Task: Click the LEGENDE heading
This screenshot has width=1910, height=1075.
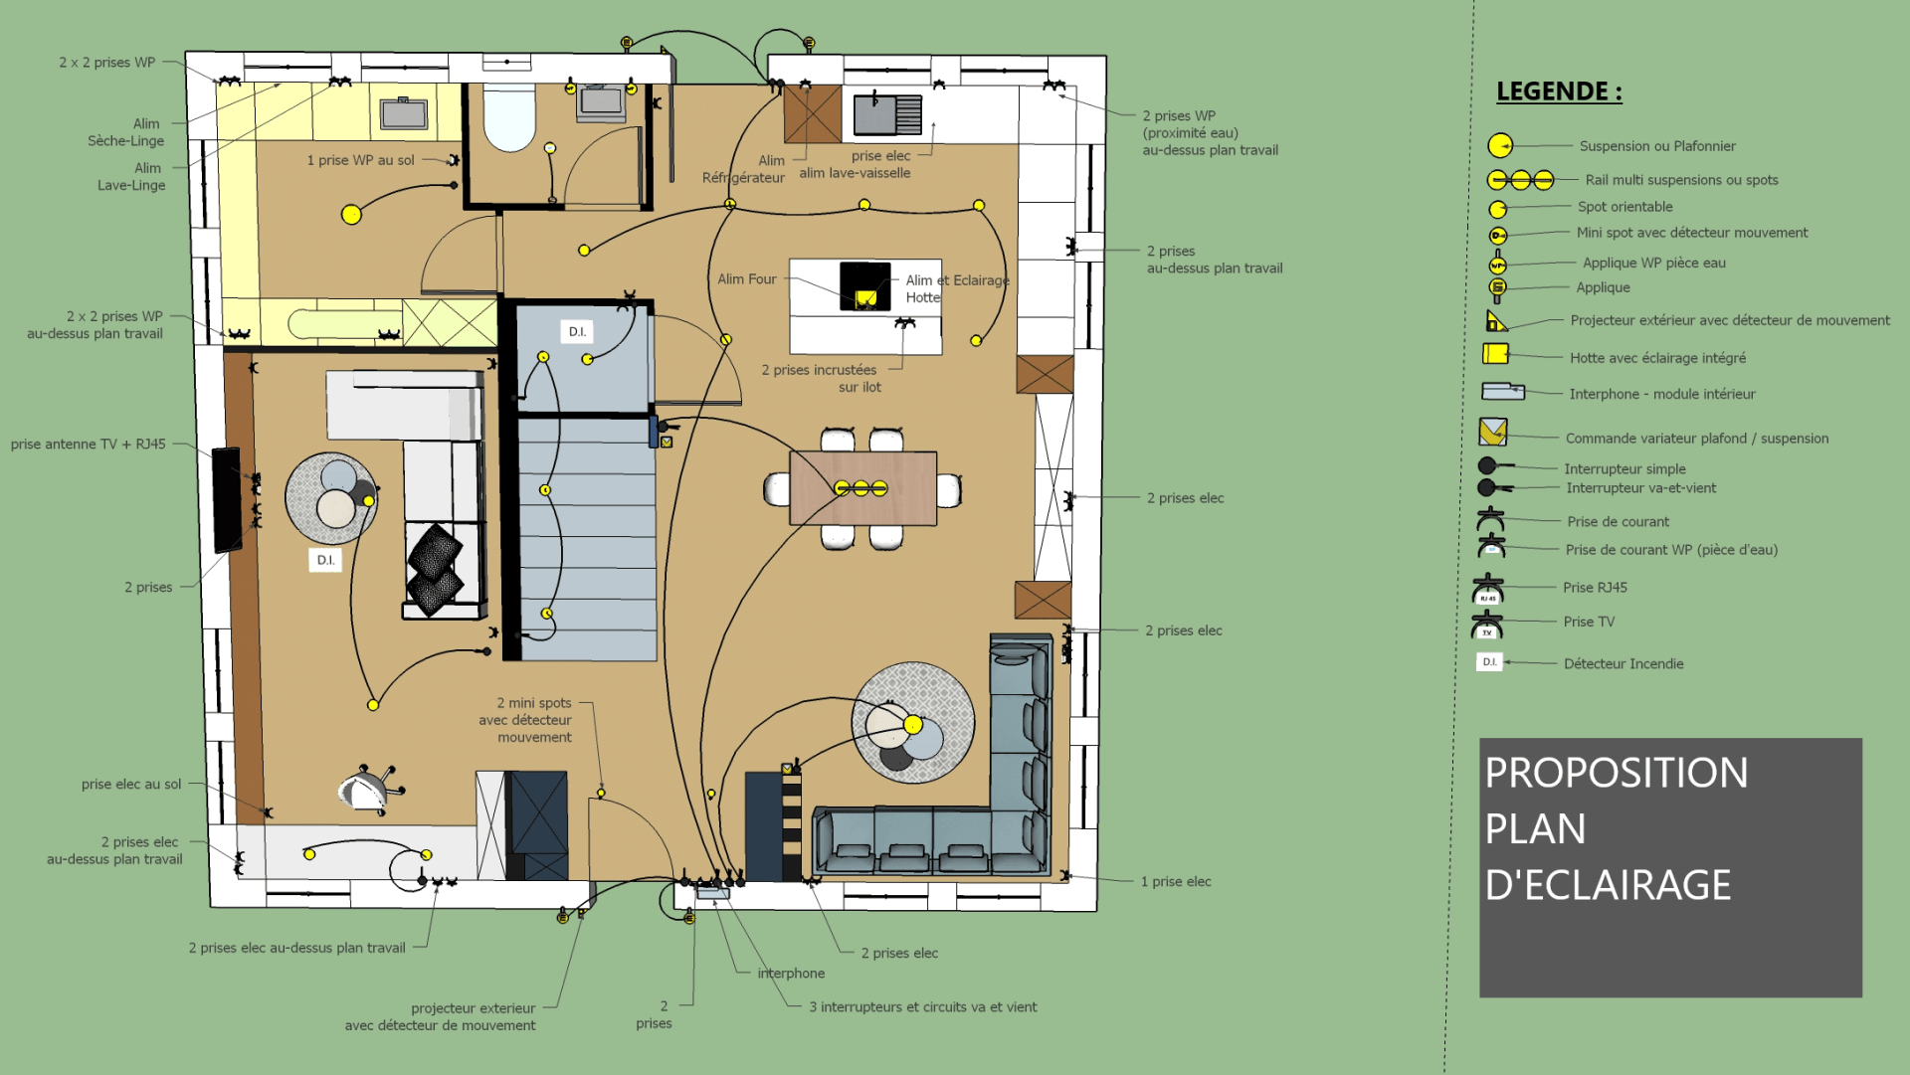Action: tap(1559, 91)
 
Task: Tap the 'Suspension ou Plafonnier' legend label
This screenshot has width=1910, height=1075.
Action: tap(1656, 146)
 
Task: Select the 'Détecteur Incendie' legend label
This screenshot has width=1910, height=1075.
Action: tap(1623, 663)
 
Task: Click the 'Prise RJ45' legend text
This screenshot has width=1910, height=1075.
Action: tap(1595, 588)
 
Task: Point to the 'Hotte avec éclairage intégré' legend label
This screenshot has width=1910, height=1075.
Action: tap(1657, 358)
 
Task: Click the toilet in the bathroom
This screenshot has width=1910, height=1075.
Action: tap(509, 117)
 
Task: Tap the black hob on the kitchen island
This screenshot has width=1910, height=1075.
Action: tap(864, 285)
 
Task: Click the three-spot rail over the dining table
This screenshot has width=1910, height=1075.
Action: tap(860, 488)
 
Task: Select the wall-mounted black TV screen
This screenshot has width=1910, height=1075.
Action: tap(227, 499)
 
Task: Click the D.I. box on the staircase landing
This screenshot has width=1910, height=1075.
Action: tap(577, 331)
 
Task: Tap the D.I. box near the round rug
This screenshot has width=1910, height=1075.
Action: tap(325, 560)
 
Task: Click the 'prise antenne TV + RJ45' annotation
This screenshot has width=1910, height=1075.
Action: tap(88, 445)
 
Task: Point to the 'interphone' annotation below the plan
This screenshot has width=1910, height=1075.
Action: tap(791, 974)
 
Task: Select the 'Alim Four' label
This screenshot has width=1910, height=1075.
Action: tap(747, 279)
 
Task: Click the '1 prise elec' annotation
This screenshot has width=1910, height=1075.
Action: tap(1176, 882)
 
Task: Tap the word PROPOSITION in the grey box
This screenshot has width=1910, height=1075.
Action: tap(1616, 774)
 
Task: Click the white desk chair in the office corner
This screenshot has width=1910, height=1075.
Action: tap(365, 791)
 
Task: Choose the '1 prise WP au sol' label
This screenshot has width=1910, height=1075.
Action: tap(360, 160)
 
